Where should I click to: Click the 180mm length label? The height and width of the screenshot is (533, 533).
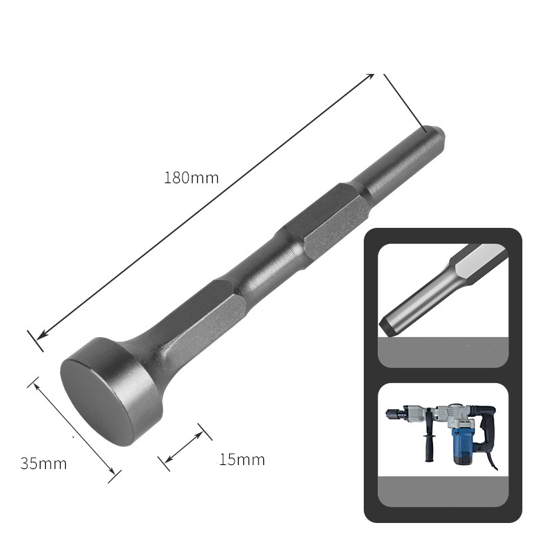[191, 178]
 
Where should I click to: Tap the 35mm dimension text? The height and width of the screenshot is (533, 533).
[43, 464]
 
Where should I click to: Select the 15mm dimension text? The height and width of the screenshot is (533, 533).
[241, 459]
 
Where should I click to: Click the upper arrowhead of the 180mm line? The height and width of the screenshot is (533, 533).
[370, 78]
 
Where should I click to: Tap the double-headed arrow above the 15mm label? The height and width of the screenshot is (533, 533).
[184, 446]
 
